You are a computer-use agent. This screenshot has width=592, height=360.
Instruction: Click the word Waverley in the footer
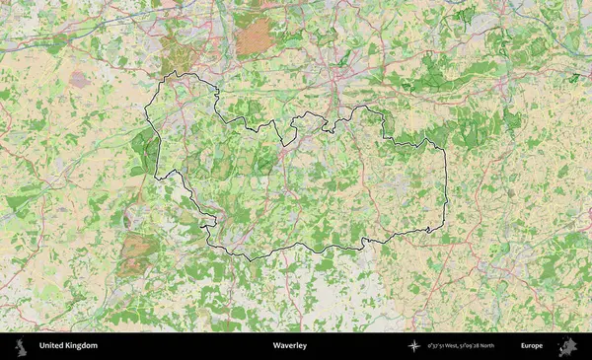[x=290, y=346]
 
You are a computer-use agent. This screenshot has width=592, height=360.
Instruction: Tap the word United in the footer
[x=52, y=346]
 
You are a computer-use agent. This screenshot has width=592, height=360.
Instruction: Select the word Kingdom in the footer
[x=82, y=346]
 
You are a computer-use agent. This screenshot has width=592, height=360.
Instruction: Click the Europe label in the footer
[x=532, y=346]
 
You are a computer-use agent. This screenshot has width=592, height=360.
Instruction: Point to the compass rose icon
[x=414, y=346]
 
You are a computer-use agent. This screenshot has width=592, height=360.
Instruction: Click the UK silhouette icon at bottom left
[x=23, y=346]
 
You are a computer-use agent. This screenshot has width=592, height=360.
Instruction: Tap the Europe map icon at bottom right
[x=567, y=346]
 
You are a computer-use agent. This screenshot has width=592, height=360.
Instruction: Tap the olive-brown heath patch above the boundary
[x=178, y=57]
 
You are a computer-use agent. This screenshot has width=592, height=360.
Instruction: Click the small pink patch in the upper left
[x=78, y=79]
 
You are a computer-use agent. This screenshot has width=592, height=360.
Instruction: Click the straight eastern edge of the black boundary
[x=446, y=187]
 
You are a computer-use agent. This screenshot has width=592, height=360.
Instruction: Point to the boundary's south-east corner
[x=443, y=229]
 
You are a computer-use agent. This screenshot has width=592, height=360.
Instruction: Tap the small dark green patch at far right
[x=573, y=76]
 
